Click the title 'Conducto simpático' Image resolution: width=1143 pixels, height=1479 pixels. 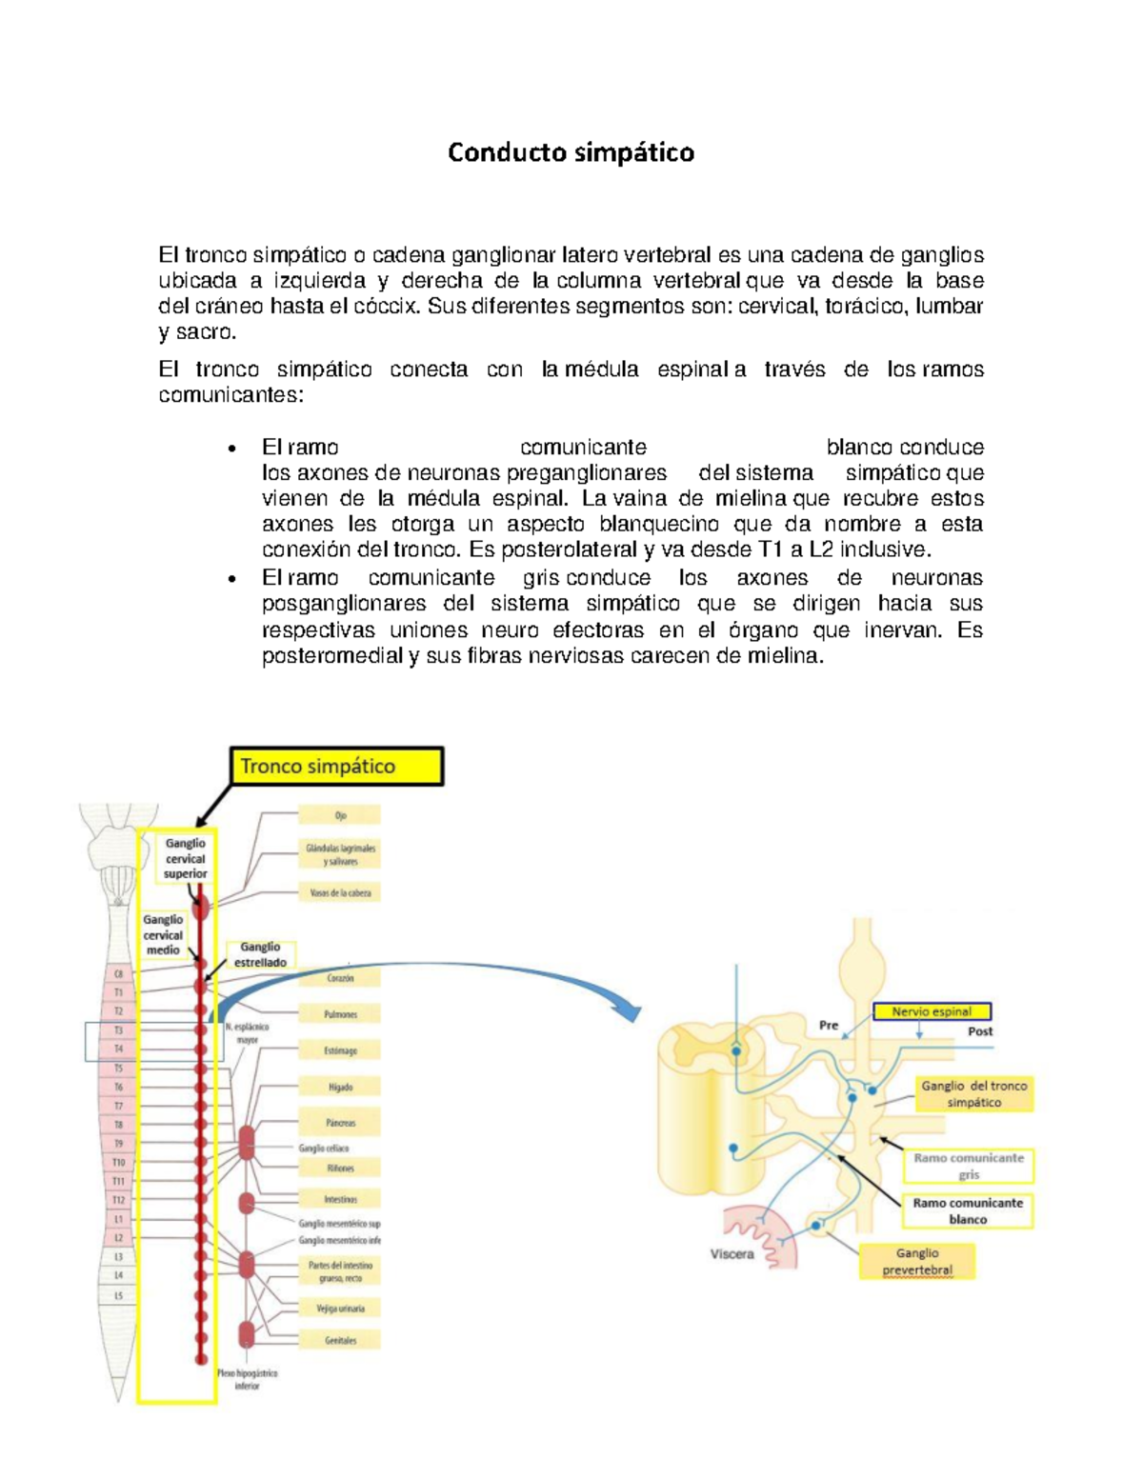click(571, 152)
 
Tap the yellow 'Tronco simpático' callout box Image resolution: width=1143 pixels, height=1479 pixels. click(337, 767)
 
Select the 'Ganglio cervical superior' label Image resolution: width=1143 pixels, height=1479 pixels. click(185, 858)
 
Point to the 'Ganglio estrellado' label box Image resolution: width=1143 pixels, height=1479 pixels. click(261, 954)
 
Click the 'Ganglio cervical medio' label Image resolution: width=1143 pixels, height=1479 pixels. click(163, 934)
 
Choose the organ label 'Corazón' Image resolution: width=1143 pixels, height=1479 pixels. click(340, 978)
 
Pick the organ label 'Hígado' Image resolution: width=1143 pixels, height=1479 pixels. click(340, 1087)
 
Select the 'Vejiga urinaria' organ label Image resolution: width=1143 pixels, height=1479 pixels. click(340, 1309)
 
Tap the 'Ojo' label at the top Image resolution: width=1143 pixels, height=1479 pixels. click(340, 815)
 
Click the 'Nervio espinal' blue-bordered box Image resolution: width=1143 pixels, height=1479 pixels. click(932, 1011)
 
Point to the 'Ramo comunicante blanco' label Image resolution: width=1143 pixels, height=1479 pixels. click(968, 1210)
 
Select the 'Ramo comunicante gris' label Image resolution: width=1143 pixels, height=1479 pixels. click(968, 1166)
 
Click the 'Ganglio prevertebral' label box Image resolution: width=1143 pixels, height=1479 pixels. click(917, 1262)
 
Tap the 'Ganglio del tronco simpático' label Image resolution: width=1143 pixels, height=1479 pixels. click(973, 1093)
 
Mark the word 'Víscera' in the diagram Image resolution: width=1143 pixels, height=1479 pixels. click(732, 1254)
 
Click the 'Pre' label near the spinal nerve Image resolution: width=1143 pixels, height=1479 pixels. click(829, 1025)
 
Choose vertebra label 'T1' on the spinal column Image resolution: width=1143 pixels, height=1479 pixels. click(119, 992)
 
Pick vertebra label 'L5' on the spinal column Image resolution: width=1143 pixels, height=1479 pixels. click(119, 1295)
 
